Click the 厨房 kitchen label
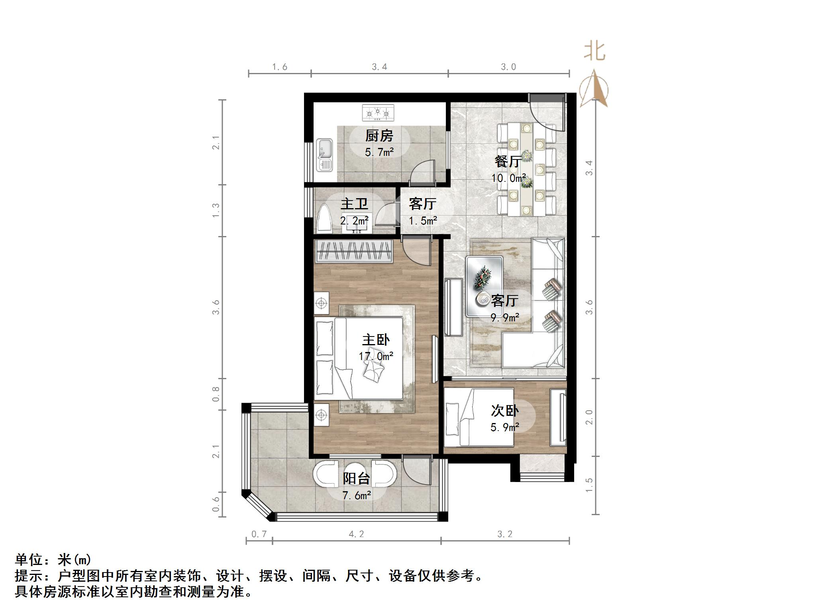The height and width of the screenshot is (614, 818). point(379,136)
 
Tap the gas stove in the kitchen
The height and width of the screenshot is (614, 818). point(378,113)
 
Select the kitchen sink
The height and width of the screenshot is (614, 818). point(324,155)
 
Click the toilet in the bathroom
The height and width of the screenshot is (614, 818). point(324,219)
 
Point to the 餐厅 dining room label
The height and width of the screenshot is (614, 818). point(508,161)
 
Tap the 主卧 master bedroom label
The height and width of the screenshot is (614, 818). point(375,340)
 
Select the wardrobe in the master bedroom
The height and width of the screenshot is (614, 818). point(353,251)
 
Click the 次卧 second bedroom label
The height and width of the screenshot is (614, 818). point(504,411)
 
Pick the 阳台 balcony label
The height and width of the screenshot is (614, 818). point(357,478)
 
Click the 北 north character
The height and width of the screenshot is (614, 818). point(594,52)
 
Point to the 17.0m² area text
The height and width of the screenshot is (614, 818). point(376,356)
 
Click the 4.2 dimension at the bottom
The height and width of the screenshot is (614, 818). point(356,534)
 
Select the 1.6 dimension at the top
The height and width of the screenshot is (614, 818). point(280,67)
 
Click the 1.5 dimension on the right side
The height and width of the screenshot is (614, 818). point(589,485)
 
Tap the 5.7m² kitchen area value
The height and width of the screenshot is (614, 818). point(379,152)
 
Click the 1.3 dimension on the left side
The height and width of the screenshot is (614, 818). point(216,210)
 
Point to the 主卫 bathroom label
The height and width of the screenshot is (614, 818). point(354,204)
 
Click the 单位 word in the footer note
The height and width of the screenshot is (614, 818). point(29,560)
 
